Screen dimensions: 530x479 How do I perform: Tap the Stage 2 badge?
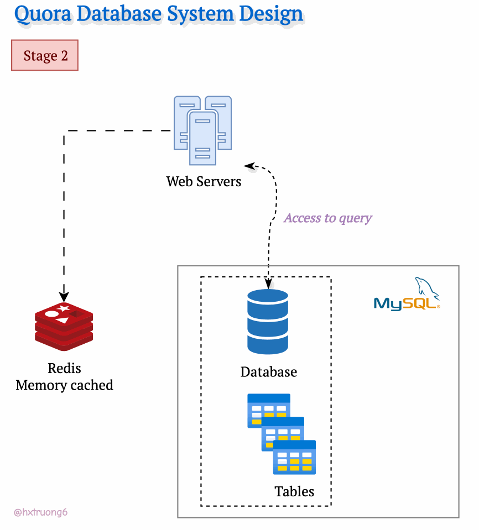(x=45, y=56)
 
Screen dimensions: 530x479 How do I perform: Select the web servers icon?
(x=202, y=130)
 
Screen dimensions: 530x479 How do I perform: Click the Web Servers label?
(x=204, y=181)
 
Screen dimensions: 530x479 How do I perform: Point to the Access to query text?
(x=328, y=218)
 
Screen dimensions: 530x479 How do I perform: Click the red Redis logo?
(x=64, y=327)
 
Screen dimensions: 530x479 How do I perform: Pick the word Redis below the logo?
(x=64, y=368)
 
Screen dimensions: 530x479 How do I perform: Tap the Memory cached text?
(x=64, y=385)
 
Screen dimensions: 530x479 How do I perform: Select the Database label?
(x=268, y=372)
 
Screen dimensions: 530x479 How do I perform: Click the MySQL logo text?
(x=406, y=303)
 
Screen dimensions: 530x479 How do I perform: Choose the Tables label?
(x=294, y=491)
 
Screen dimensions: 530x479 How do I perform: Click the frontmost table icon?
(x=294, y=458)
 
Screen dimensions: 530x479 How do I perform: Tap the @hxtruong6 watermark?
(x=41, y=512)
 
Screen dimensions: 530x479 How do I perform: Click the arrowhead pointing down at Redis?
(x=64, y=293)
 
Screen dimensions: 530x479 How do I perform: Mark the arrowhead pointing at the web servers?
(x=249, y=165)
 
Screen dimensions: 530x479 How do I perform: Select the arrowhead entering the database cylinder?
(x=268, y=284)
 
